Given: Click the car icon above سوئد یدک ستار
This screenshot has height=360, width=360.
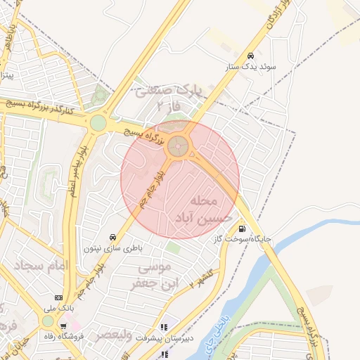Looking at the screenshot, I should [250, 56].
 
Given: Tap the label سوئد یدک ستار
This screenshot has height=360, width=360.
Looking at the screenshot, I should [250, 67].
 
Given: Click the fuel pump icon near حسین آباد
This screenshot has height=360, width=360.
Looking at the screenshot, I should [242, 228].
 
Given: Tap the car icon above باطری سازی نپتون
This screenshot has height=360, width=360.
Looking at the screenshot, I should [112, 237].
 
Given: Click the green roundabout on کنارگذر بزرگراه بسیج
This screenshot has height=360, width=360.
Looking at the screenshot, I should [98, 124].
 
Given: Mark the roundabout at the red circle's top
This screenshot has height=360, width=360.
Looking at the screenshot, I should [179, 146].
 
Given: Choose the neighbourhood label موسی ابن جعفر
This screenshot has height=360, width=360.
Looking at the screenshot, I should [151, 276].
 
